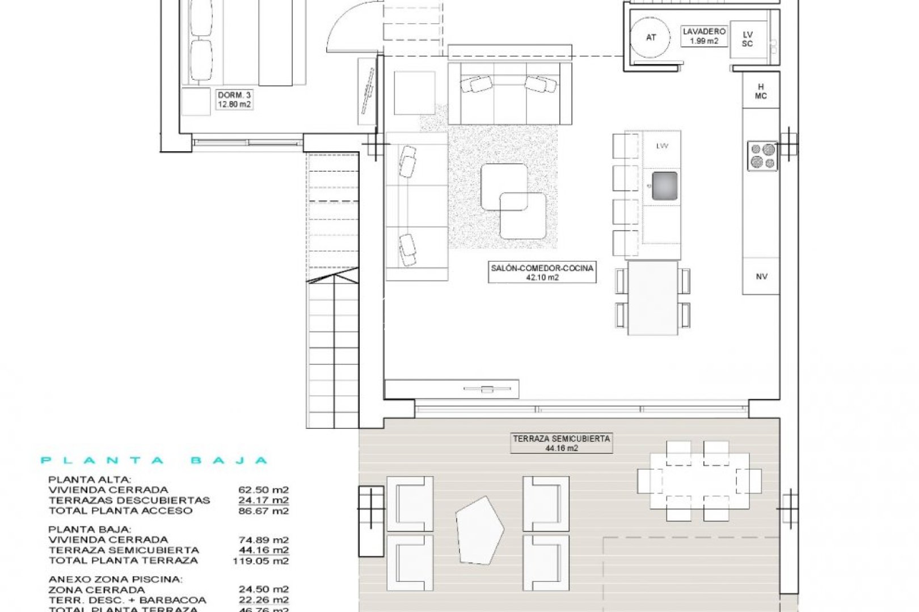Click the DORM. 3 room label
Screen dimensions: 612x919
click(x=234, y=100)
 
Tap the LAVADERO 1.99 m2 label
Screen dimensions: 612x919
click(x=703, y=36)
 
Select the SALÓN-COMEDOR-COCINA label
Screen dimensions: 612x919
click(x=542, y=273)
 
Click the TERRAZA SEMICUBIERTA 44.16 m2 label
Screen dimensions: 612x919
click(x=561, y=443)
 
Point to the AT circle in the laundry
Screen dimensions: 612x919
click(x=651, y=37)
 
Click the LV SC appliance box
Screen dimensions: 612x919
click(x=748, y=39)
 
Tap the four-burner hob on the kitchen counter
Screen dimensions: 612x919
click(x=762, y=156)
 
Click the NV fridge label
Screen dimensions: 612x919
click(x=761, y=277)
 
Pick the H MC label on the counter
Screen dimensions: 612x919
click(x=761, y=91)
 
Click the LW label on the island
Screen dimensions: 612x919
click(x=662, y=146)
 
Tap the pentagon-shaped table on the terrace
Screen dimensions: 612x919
click(x=479, y=530)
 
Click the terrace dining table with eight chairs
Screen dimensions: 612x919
click(x=699, y=481)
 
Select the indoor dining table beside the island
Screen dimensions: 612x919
click(x=653, y=297)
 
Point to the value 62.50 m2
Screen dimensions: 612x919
click(x=263, y=490)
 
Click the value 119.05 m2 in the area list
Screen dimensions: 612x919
click(x=260, y=560)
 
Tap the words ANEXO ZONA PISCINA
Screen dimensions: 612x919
click(x=116, y=579)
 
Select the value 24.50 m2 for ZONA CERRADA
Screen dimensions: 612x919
click(x=263, y=589)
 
